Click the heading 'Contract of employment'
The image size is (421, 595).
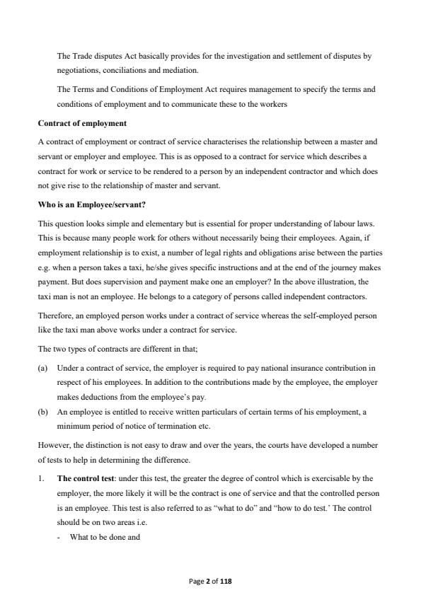[x=82, y=123]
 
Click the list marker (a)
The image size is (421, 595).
[x=42, y=369]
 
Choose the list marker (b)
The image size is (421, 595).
[x=42, y=415]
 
